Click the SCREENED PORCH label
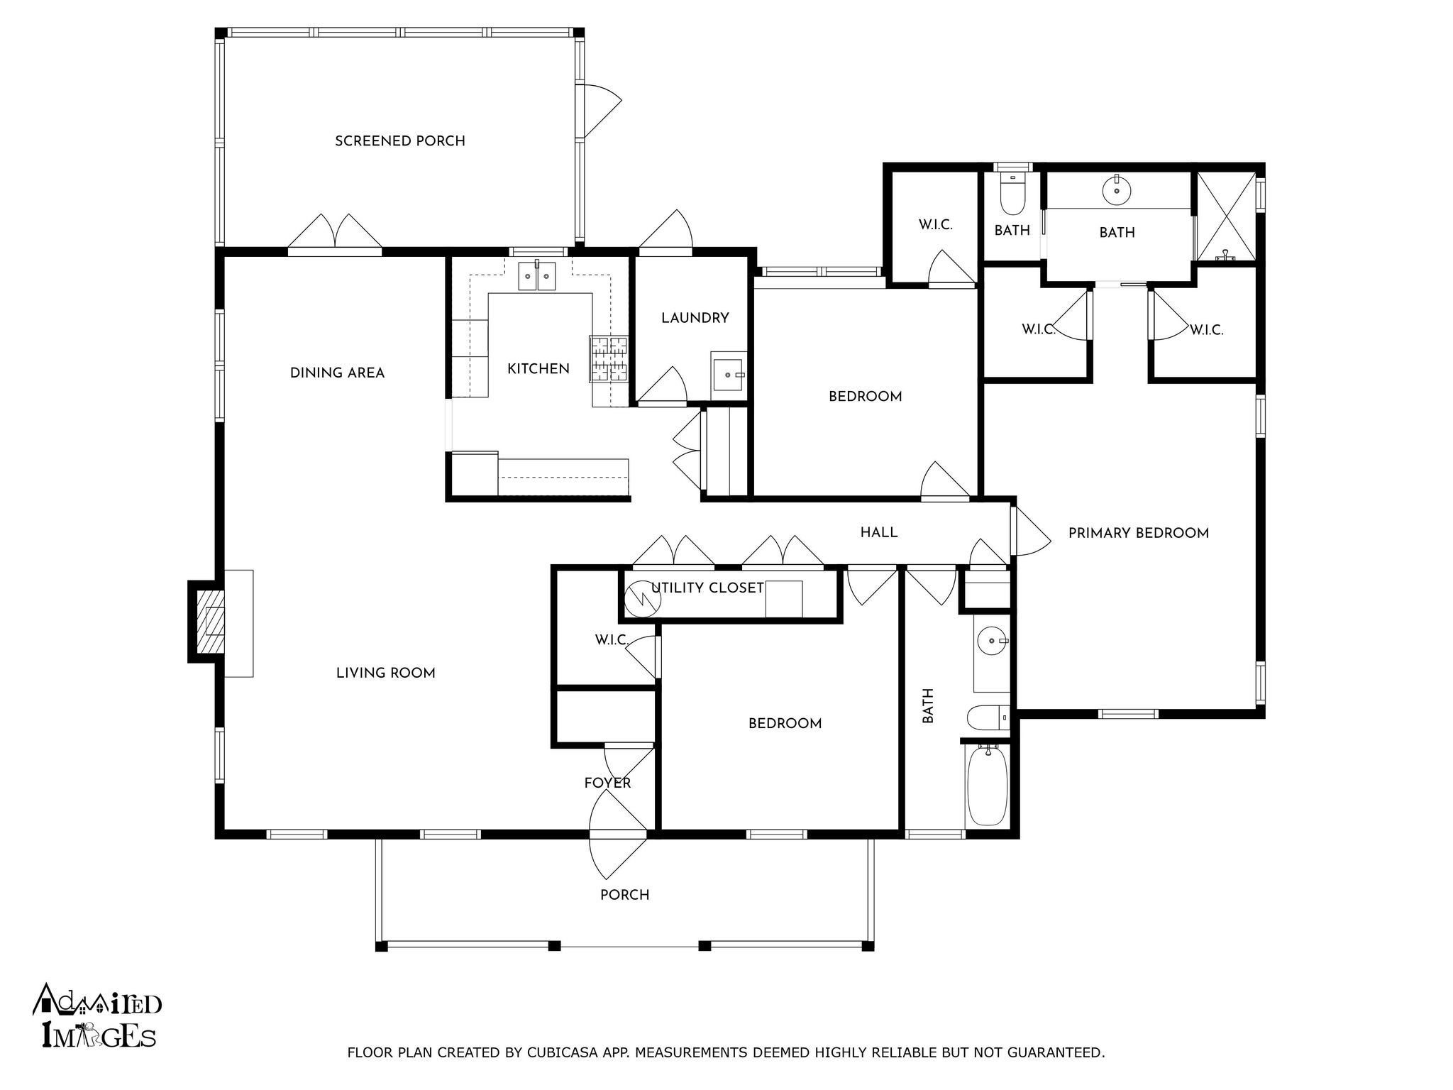point(400,141)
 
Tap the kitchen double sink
point(536,275)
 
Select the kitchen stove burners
point(609,358)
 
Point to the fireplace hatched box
point(211,621)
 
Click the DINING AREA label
point(337,373)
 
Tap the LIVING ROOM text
point(385,673)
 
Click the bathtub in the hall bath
point(987,785)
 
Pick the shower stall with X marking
point(1227,215)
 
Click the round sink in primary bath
point(1117,189)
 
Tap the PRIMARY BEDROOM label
point(1138,533)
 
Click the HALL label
point(878,532)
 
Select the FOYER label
point(607,783)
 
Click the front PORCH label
point(624,895)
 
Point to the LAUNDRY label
point(695,318)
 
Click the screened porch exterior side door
point(597,111)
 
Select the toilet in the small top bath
point(1012,197)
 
